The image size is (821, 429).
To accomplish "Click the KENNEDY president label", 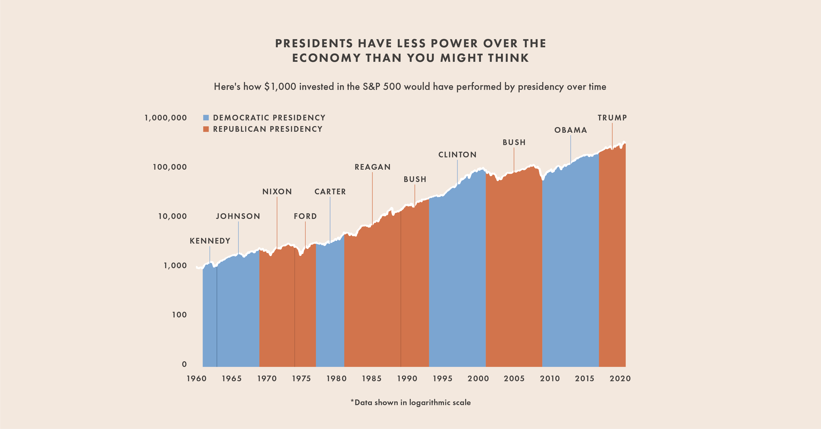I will click(x=210, y=241).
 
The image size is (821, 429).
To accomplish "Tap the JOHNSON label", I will click(x=238, y=216).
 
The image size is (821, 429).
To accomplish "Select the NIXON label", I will click(x=277, y=192).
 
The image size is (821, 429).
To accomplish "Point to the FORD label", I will click(x=305, y=216).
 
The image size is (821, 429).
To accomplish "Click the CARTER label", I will click(x=330, y=192).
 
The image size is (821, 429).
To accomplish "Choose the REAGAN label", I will click(x=373, y=167).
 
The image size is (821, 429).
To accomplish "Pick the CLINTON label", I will click(x=457, y=155).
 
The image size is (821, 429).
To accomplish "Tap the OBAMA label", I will click(x=571, y=130).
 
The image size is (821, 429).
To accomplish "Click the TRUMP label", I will click(x=612, y=118).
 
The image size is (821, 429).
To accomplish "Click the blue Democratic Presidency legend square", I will click(x=206, y=118).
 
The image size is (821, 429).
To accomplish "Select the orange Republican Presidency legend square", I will click(x=206, y=129).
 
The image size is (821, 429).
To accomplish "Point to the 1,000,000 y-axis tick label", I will click(x=166, y=118).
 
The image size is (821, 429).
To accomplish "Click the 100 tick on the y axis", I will click(x=179, y=315).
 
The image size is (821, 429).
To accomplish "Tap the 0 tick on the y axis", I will click(x=184, y=364).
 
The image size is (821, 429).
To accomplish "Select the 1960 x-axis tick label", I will click(x=197, y=379).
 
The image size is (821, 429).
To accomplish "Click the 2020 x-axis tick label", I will click(x=620, y=379).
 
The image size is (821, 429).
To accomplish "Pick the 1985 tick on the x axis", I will click(x=372, y=379).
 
